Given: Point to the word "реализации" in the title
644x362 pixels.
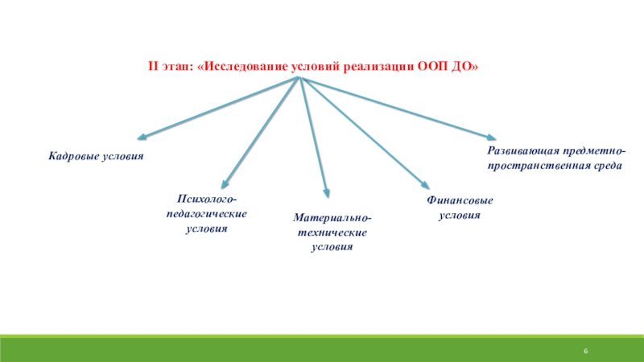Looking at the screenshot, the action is [x=378, y=66].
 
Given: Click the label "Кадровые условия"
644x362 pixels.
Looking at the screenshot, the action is [x=95, y=155].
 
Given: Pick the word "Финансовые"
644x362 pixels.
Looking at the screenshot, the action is [x=459, y=200].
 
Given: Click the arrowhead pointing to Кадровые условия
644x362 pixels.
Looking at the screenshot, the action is [x=142, y=137].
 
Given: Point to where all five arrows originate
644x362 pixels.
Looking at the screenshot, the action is [x=299, y=78].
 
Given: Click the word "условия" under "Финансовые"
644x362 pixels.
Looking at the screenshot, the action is [x=459, y=216].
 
